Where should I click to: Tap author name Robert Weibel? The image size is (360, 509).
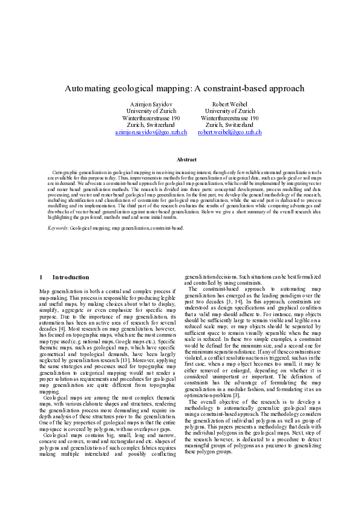(229, 105)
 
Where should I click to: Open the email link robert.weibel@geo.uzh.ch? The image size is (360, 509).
(229, 131)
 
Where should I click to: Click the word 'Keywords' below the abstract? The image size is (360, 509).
(57, 228)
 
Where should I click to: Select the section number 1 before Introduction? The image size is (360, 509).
(41, 277)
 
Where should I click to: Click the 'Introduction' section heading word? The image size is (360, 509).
(70, 277)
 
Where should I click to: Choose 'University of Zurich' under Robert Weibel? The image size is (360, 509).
(229, 111)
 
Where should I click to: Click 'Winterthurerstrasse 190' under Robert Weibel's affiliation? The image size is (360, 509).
(229, 118)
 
